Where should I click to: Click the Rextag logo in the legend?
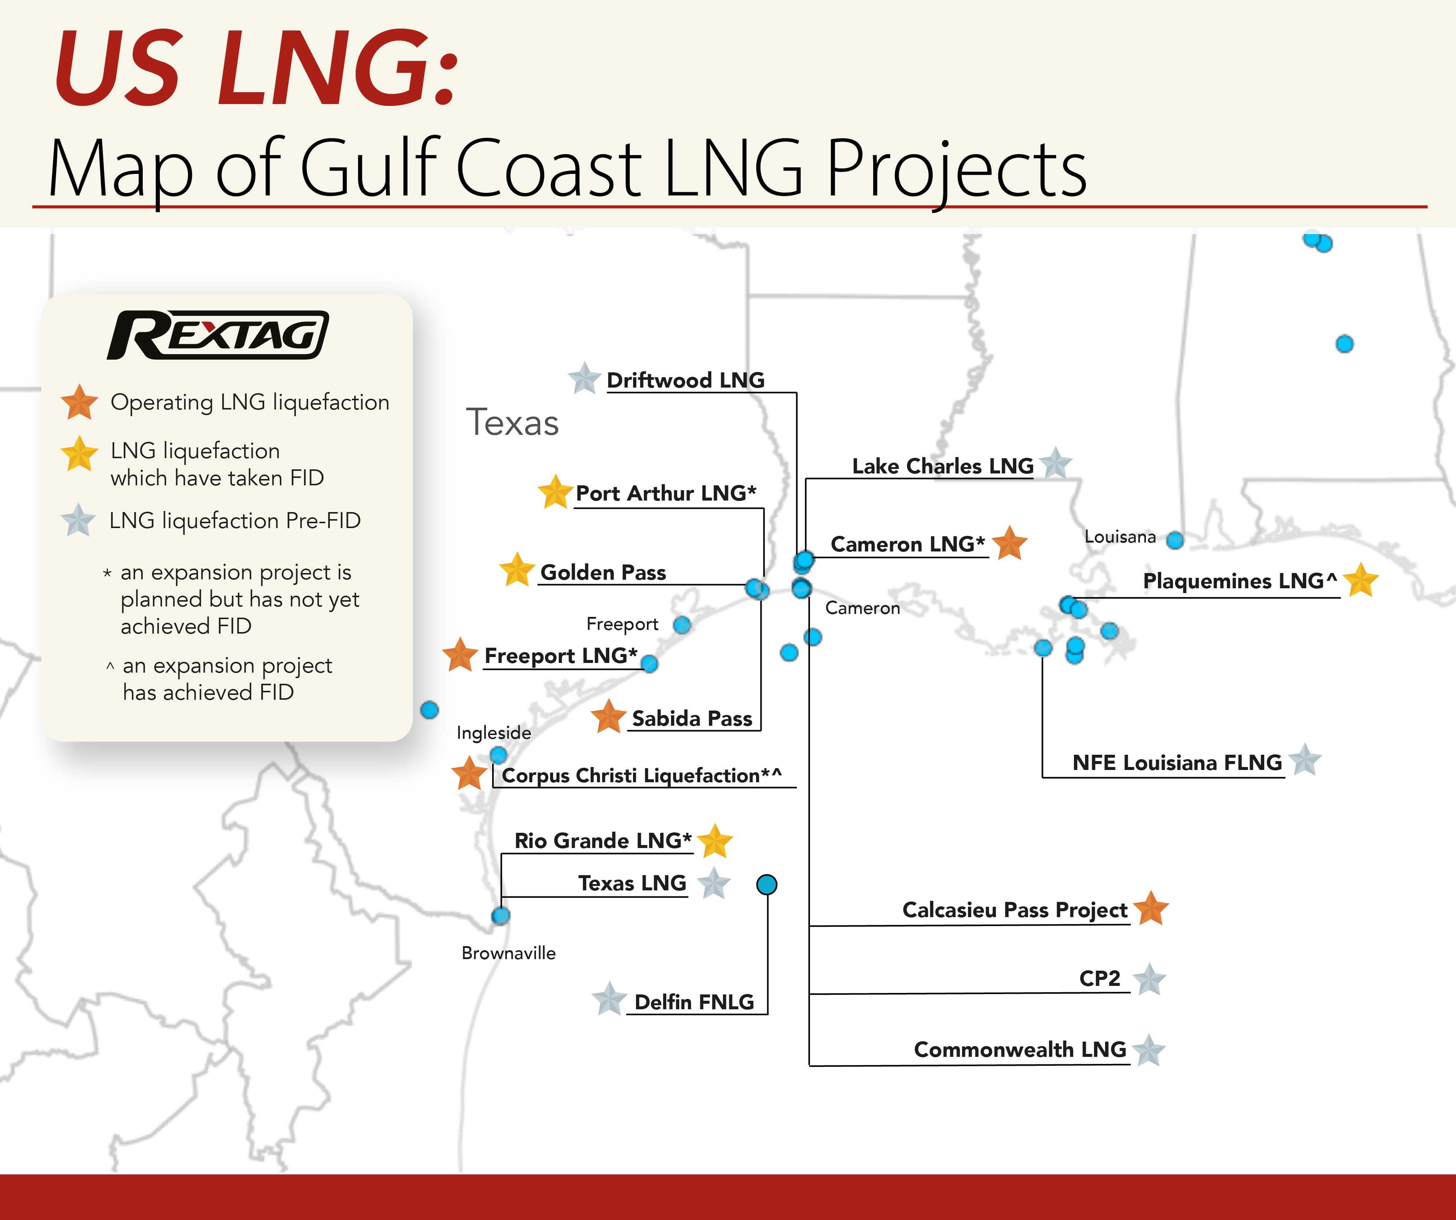(x=218, y=336)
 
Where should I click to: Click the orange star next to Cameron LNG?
(x=1010, y=543)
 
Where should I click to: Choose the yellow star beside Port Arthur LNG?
(x=555, y=492)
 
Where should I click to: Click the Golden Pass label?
(x=603, y=573)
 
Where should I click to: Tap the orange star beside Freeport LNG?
(x=461, y=655)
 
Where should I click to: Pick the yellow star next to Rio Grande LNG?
(x=715, y=842)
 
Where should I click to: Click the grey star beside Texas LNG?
(x=713, y=884)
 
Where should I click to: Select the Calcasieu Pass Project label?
(x=1014, y=910)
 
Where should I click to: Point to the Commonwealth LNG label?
(x=1019, y=1049)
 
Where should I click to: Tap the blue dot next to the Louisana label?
(x=1175, y=540)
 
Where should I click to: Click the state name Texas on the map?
(x=512, y=422)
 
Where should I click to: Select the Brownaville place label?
(x=508, y=953)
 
